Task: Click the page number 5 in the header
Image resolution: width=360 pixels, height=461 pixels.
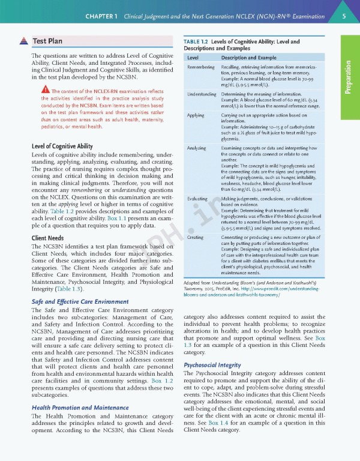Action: coord(344,16)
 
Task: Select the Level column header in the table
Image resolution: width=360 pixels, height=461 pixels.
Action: coord(193,58)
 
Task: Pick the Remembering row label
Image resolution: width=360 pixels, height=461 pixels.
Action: coord(201,67)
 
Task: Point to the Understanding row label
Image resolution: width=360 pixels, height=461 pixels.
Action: coord(202,94)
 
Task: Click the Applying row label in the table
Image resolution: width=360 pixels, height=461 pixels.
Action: coord(196,115)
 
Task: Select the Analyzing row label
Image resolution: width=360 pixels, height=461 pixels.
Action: coord(197,148)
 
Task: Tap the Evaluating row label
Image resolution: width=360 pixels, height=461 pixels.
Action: coord(198,198)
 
